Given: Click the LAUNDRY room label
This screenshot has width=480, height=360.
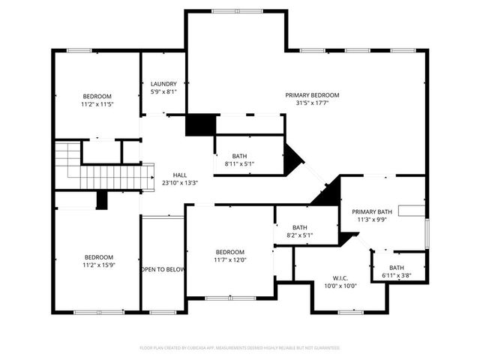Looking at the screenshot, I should pos(163,84).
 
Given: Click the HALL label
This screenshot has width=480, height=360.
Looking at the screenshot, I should pos(180,174).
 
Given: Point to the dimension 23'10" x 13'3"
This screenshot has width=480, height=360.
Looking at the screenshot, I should pos(180,182).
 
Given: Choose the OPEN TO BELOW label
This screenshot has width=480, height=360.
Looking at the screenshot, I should pos(163,269).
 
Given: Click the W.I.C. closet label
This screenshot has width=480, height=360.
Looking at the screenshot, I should pos(340,277).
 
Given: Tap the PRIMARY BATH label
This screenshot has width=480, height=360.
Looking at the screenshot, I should pos(372,211).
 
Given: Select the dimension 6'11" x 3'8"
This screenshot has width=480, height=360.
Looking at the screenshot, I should pos(397,276).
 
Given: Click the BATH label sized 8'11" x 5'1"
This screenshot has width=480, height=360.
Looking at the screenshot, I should pos(239,155).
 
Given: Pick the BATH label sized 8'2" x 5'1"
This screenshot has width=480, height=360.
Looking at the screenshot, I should pos(300,227).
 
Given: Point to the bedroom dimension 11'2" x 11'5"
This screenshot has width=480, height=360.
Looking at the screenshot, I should pos(97,104).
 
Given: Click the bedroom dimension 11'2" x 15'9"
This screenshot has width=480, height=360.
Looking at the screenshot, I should pos(98,264).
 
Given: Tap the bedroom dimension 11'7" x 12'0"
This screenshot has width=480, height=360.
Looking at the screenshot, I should pos(229,260).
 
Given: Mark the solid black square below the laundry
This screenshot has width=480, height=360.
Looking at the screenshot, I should pos(200,124).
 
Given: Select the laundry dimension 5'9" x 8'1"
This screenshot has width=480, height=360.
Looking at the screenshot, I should pos(163,91).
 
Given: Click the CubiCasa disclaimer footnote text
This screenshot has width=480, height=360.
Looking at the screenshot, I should pos(240,348).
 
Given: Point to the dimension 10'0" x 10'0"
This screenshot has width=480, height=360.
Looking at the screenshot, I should pos(340,286).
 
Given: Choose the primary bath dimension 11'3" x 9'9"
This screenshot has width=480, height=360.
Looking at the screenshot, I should pos(372,220).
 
